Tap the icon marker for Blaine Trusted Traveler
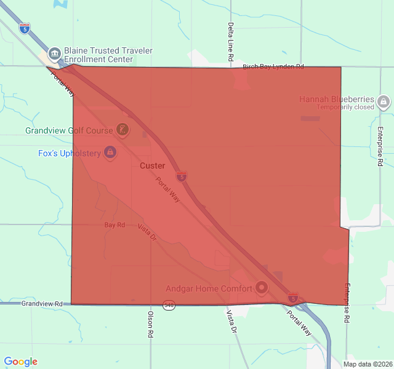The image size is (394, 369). pyautogui.click(x=54, y=54)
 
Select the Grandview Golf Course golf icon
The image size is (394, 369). pyautogui.click(x=123, y=130)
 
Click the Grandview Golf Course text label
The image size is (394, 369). pyautogui.click(x=68, y=130)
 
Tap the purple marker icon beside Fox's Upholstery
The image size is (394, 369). pyautogui.click(x=110, y=152)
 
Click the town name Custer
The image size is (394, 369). pyautogui.click(x=152, y=166)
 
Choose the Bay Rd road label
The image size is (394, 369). pyautogui.click(x=115, y=225)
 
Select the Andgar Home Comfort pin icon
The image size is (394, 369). pyautogui.click(x=261, y=287)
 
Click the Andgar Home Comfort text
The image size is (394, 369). pyautogui.click(x=209, y=288)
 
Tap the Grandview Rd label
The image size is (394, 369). pyautogui.click(x=42, y=304)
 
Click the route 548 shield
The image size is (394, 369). pyautogui.click(x=169, y=304)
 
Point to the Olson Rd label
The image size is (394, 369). pyautogui.click(x=150, y=324)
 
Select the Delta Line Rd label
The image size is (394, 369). pyautogui.click(x=230, y=42)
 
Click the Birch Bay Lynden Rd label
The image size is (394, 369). pyautogui.click(x=273, y=66)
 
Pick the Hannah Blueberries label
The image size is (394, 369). pyautogui.click(x=336, y=99)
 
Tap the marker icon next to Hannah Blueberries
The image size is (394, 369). pyautogui.click(x=384, y=101)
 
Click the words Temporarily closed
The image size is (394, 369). pyautogui.click(x=345, y=107)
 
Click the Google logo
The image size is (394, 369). pyautogui.click(x=20, y=362)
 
